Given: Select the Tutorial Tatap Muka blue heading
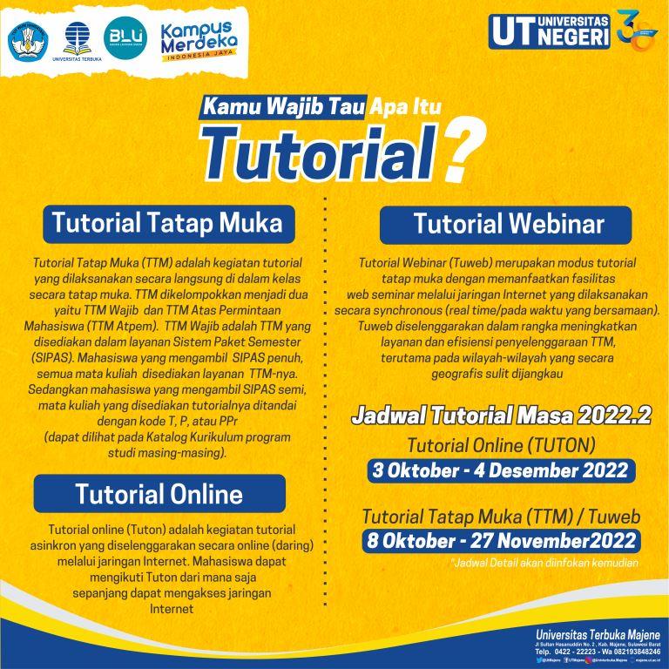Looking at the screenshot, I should point(168,223).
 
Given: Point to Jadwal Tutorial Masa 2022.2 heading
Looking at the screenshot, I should point(501,416).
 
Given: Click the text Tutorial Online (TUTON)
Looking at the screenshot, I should point(501,445).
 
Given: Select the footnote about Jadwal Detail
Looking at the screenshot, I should point(545,563).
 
